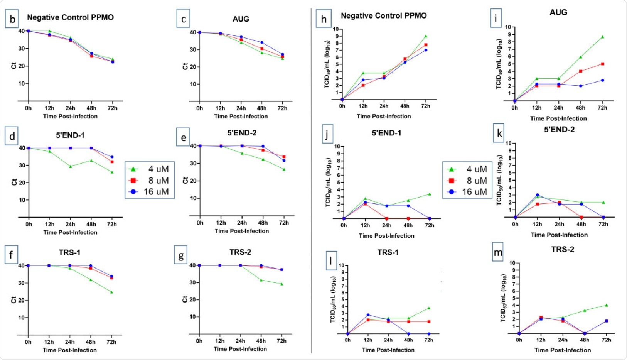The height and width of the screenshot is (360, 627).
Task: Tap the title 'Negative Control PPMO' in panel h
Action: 384,16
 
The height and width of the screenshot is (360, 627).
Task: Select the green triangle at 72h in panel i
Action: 602,37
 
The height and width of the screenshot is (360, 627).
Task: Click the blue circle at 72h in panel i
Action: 602,80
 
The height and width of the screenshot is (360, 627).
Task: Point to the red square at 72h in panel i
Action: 602,64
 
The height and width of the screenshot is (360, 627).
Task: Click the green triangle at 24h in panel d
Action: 70,166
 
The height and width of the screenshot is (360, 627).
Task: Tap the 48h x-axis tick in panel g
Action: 261,341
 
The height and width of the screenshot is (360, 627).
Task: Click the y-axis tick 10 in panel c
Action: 192,84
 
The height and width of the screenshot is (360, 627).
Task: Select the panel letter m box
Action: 498,253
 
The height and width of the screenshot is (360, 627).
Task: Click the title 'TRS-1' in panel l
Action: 388,252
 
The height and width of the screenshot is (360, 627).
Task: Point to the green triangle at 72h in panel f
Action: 111,292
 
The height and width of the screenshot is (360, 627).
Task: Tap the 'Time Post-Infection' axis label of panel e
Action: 242,231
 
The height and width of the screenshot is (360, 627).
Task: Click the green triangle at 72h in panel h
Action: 426,36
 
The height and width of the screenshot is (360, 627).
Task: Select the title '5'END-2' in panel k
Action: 559,130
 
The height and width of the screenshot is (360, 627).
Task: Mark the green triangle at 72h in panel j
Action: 429,194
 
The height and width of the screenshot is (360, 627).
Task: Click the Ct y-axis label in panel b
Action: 13,66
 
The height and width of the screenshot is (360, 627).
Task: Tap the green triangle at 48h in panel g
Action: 261,280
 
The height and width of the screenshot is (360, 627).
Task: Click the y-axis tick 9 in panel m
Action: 512,270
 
